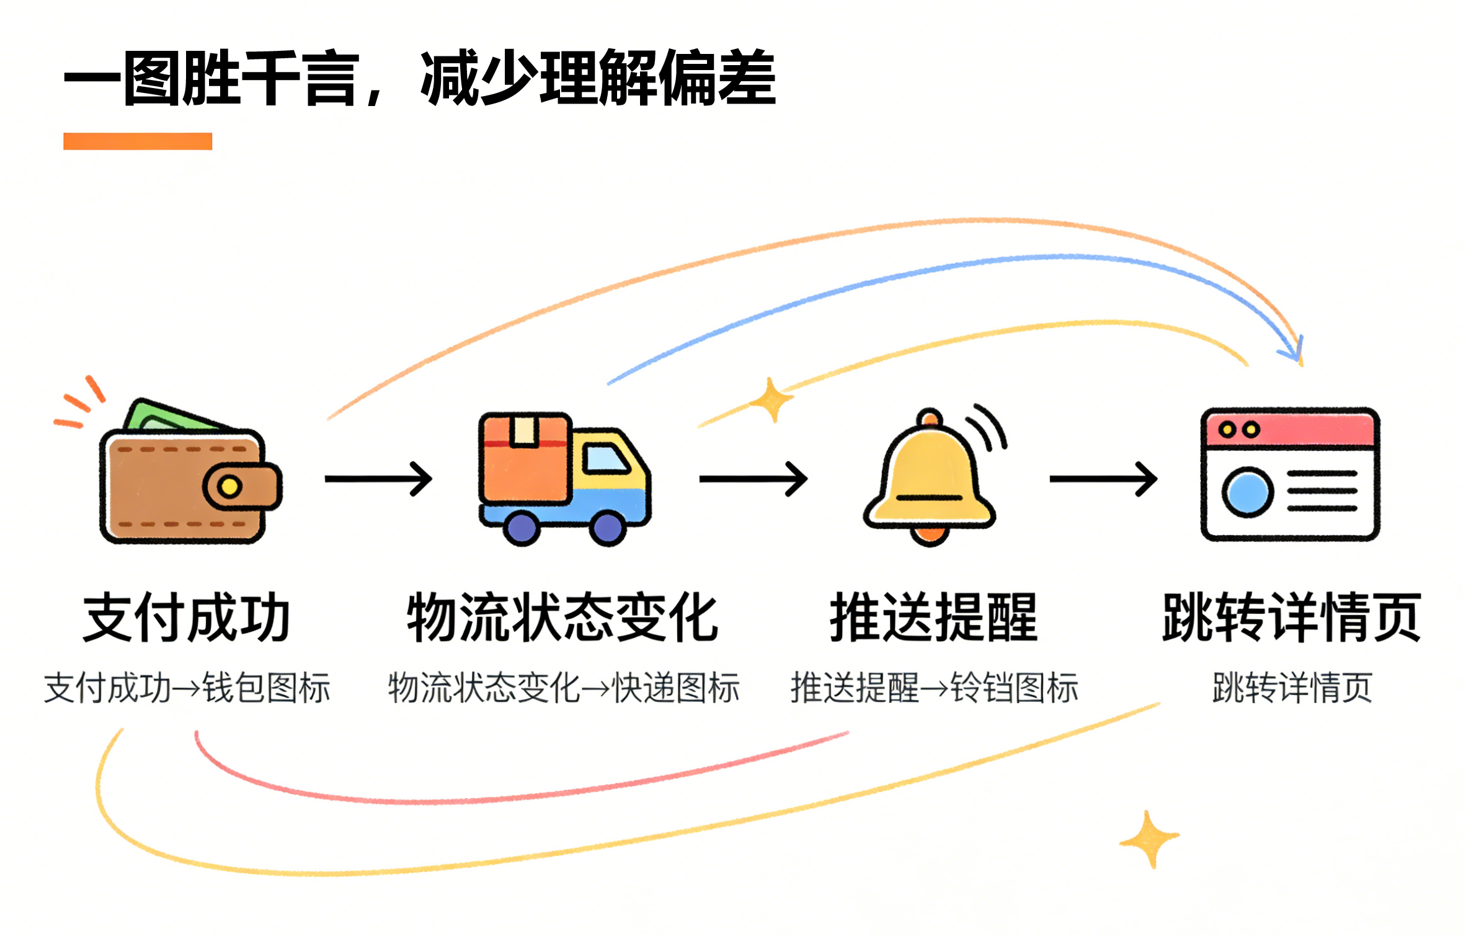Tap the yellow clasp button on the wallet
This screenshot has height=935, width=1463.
coord(229,486)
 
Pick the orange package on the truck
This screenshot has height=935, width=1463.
coord(526,458)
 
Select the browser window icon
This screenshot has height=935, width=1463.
coord(1290,474)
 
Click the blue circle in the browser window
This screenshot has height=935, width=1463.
coord(1248,492)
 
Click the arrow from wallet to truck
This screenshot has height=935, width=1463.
coord(378,479)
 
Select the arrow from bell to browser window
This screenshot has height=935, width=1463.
coord(1103,479)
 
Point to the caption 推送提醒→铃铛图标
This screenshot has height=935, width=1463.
coord(934,688)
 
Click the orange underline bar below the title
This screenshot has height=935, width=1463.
coord(138,141)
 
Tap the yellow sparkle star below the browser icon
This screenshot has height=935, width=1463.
coord(1149,838)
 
